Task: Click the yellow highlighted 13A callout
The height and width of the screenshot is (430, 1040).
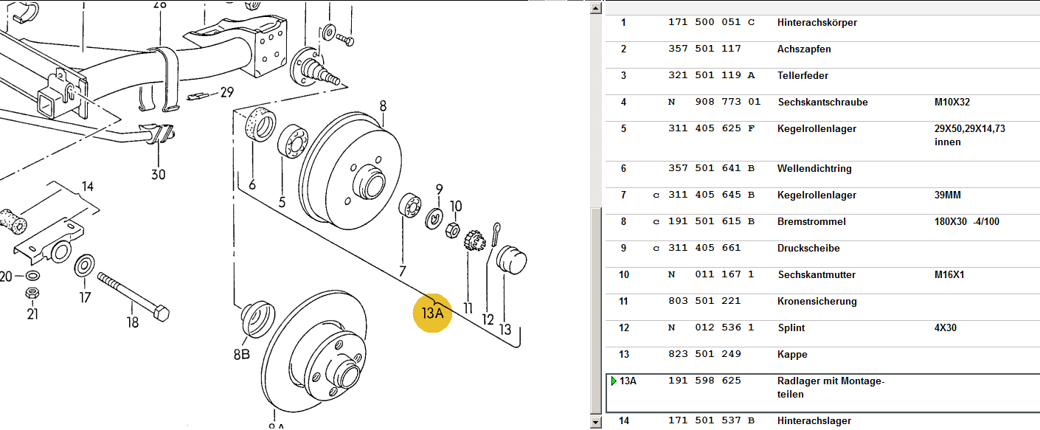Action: (432, 313)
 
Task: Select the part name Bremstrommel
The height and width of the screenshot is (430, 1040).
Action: (811, 221)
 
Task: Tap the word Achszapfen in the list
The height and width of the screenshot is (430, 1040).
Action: (804, 49)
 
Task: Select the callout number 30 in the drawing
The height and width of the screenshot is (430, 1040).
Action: (159, 174)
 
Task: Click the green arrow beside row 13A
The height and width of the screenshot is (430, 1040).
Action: (613, 381)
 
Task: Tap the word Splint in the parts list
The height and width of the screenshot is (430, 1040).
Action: (791, 327)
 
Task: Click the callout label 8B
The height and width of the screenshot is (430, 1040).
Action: (242, 354)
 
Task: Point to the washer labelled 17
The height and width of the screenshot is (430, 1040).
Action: (84, 265)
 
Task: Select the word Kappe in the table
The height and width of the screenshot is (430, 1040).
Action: (792, 354)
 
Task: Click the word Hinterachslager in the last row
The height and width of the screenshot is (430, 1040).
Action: (814, 420)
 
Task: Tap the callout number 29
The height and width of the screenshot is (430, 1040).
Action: (226, 92)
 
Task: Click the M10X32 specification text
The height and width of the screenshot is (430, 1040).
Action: (952, 102)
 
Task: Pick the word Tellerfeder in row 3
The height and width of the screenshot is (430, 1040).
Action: (802, 75)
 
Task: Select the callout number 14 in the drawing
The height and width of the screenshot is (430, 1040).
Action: (88, 186)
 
